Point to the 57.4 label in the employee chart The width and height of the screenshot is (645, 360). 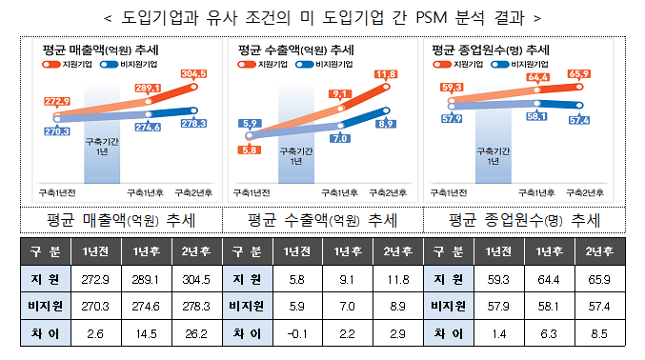pyautogui.click(x=578, y=120)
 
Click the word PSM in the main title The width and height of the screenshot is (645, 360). pyautogui.click(x=423, y=17)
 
